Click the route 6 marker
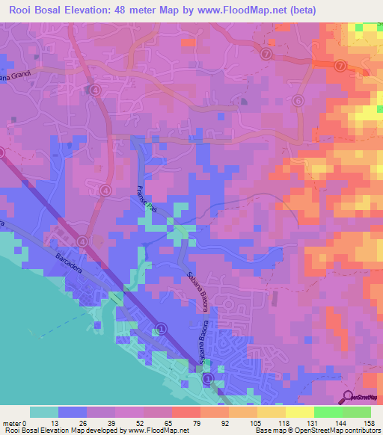(298, 101)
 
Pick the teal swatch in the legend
(44, 412)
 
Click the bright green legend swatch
(328, 412)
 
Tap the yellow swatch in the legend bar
(300, 412)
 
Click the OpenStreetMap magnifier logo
(348, 397)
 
